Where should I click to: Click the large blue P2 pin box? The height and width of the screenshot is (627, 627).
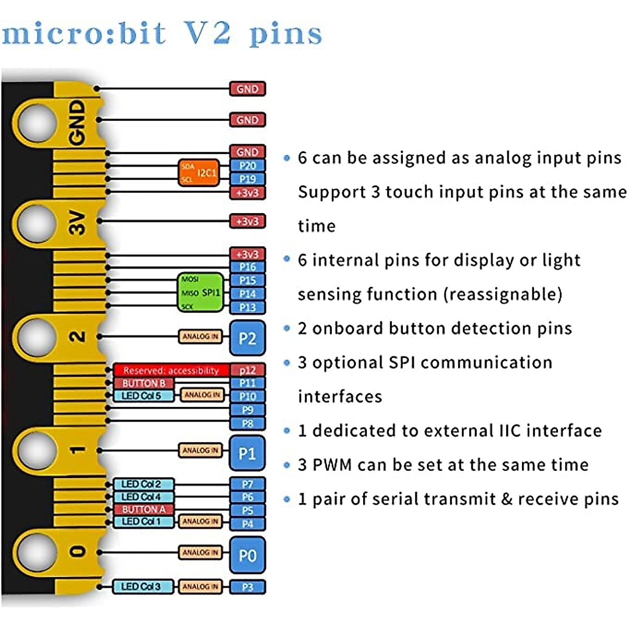[x=247, y=338]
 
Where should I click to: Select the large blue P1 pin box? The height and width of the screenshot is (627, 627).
[x=247, y=452]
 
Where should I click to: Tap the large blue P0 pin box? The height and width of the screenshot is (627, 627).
[x=247, y=555]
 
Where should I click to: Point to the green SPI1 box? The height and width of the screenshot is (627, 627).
[x=200, y=293]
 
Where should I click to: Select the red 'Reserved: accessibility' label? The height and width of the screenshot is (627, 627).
[x=171, y=370]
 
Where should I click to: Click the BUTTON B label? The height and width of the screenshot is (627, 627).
[x=143, y=383]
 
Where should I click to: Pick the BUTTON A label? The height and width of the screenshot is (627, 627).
[x=143, y=509]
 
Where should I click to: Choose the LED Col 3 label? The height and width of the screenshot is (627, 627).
[x=142, y=587]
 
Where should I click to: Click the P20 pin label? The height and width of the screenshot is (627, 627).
[x=248, y=166]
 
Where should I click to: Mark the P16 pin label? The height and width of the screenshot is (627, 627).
[x=248, y=267]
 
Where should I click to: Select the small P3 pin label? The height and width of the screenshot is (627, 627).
[x=248, y=587]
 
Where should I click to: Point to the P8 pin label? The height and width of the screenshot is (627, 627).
[x=248, y=423]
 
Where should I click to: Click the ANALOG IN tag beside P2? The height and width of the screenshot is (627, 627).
[x=201, y=337]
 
